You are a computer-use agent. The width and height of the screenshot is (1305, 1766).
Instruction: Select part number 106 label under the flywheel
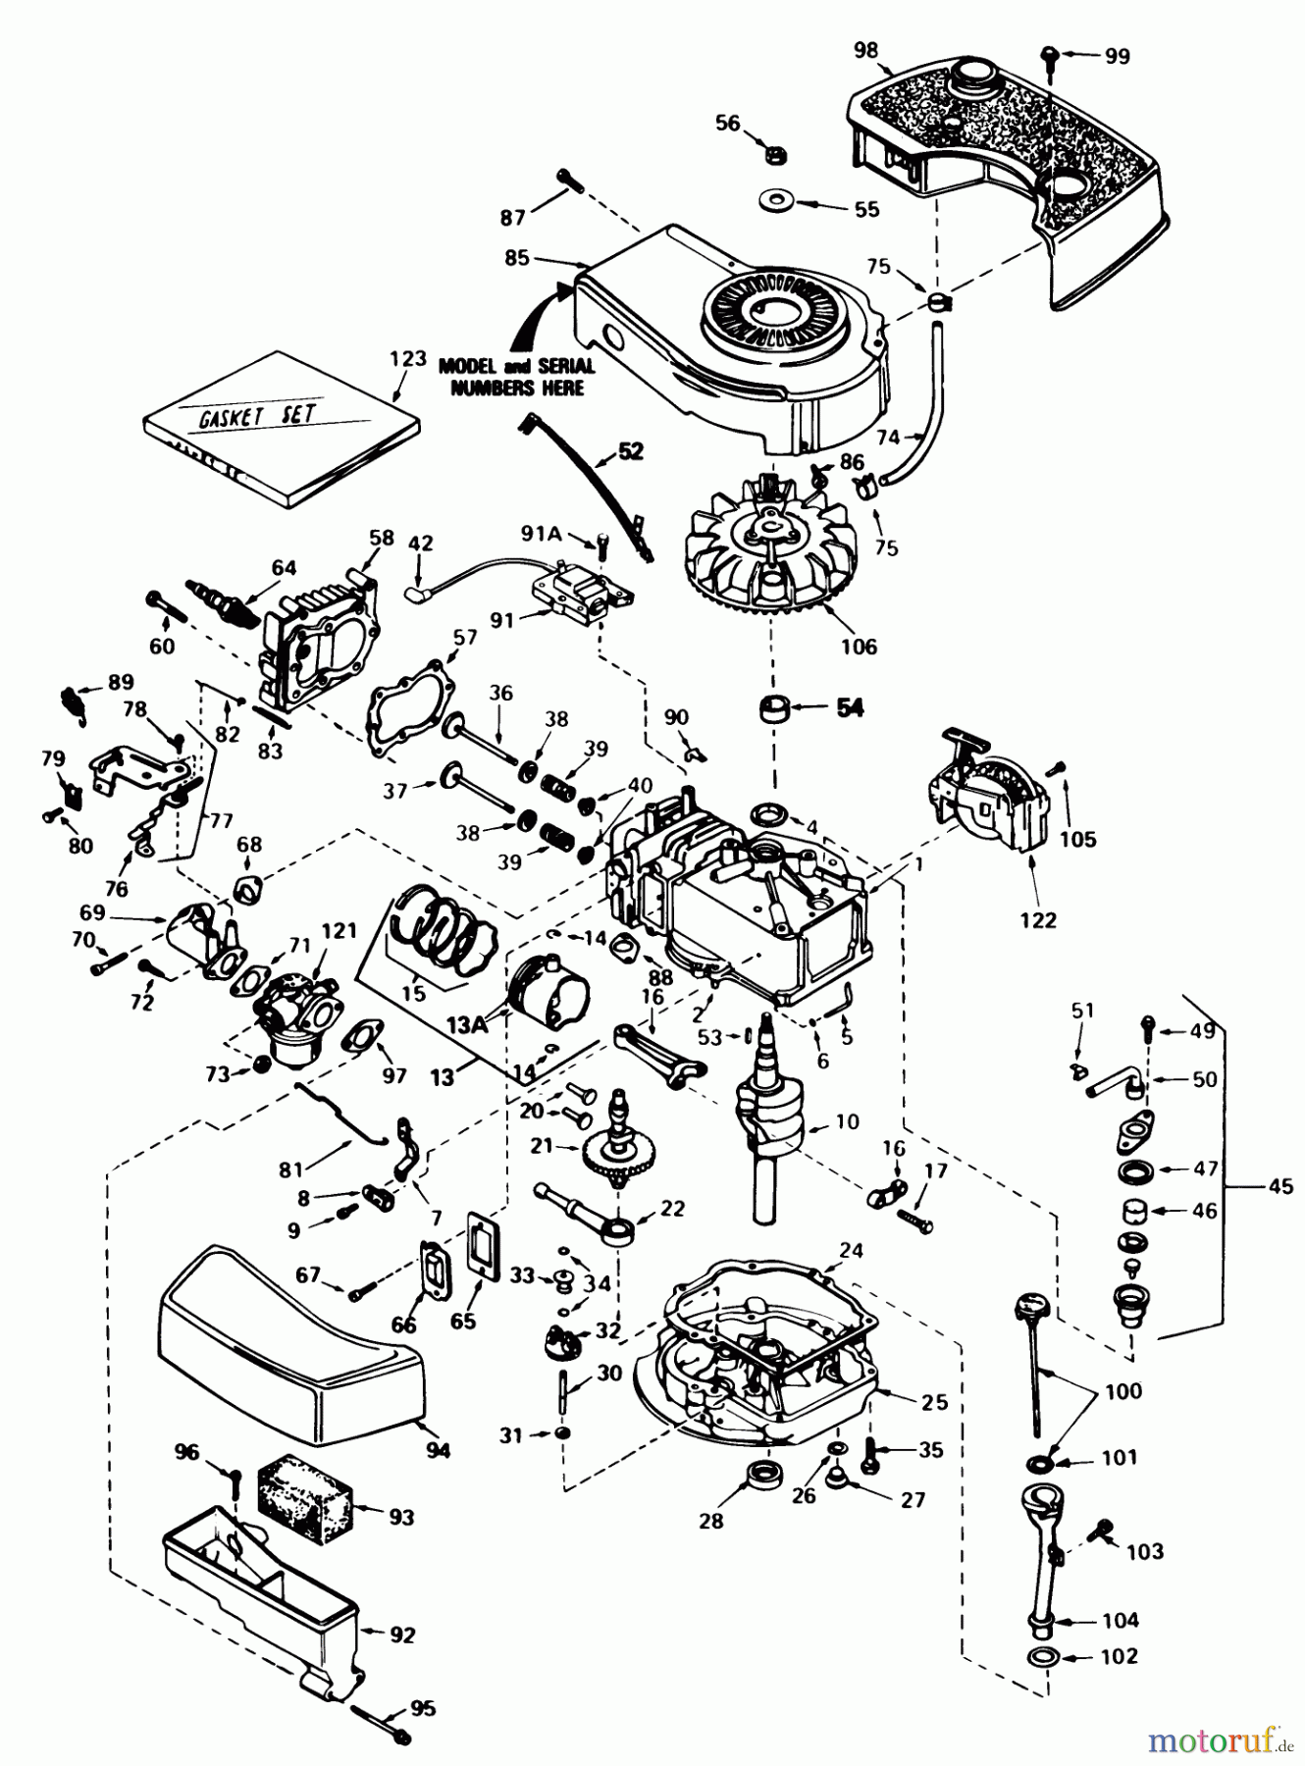[859, 647]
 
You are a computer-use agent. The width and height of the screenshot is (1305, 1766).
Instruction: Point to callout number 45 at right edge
[1280, 1187]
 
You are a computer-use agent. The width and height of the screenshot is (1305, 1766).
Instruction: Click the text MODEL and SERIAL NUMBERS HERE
[516, 377]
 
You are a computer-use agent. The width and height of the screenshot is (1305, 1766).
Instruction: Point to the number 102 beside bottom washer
[1119, 1656]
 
